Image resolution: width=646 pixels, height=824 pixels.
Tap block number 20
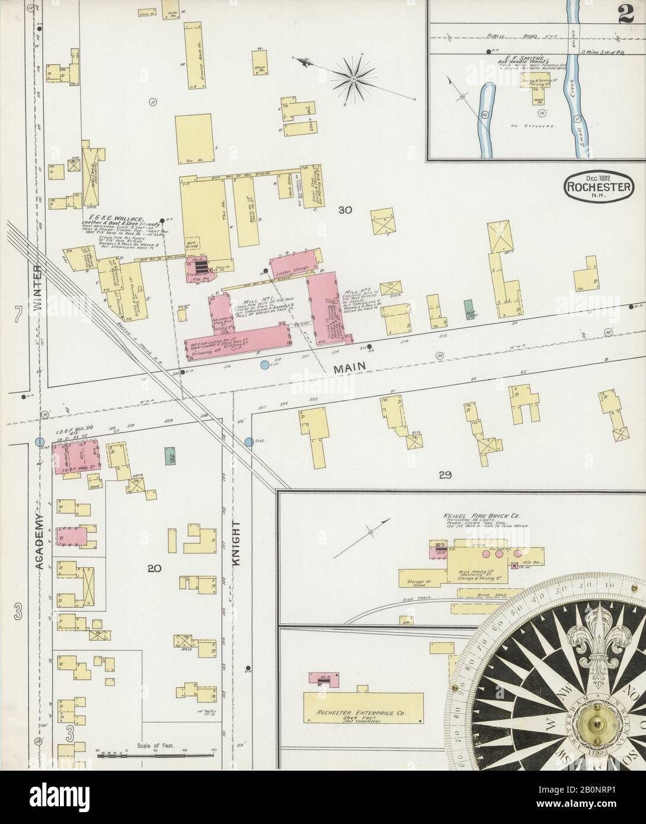coord(154,569)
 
